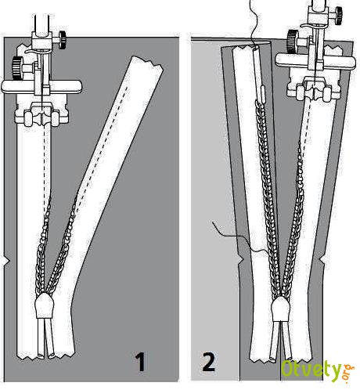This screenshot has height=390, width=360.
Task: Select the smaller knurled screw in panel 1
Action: click(63, 40)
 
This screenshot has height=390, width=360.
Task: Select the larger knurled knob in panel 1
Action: click(18, 68)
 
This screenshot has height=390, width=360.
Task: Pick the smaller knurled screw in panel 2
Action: click(338, 16)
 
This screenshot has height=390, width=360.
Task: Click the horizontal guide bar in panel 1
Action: click(41, 87)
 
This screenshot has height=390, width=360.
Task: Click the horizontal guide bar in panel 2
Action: click(315, 60)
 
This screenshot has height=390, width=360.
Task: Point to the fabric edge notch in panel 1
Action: click(7, 261)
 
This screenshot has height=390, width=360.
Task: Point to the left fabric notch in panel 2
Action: click(241, 259)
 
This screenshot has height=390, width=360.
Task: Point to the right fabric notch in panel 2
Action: click(322, 259)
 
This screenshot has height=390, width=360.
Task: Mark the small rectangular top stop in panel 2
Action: click(263, 92)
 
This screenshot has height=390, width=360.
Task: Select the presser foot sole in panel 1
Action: click(42, 114)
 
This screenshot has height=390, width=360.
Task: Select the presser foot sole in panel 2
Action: click(314, 90)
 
